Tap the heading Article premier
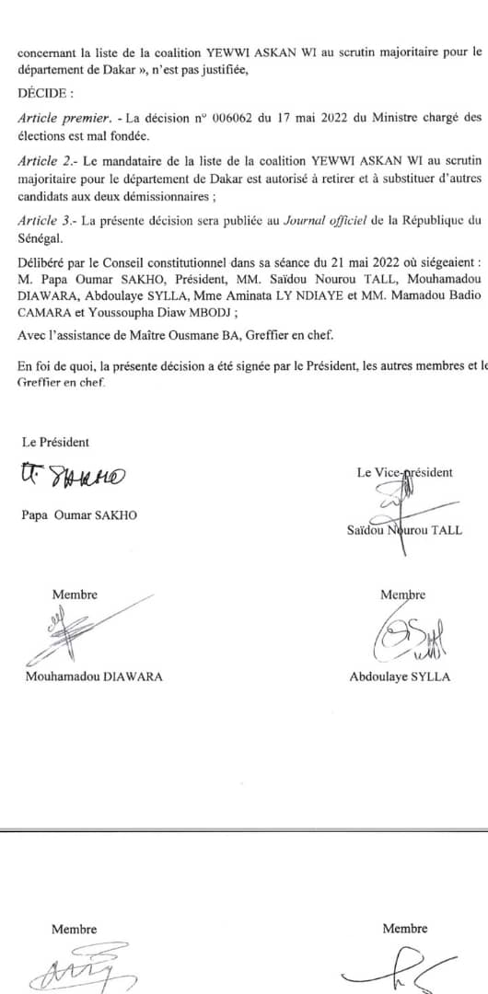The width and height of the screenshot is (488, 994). click(x=56, y=117)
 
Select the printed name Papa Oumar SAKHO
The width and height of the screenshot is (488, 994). click(x=79, y=515)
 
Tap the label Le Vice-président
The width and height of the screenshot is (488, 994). click(x=404, y=472)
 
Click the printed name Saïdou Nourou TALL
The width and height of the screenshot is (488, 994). click(x=404, y=530)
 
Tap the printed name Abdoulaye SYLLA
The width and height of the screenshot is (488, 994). click(x=400, y=676)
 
